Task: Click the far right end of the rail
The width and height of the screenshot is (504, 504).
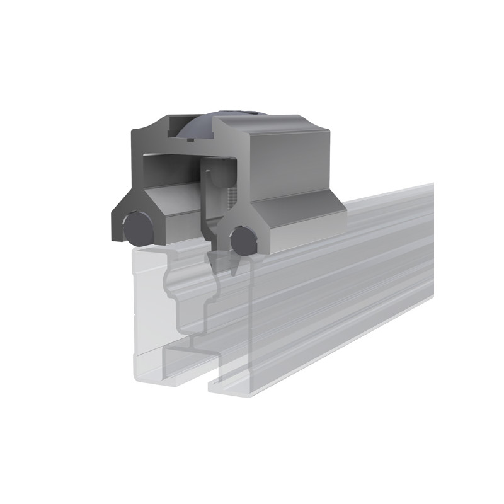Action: (x=431, y=239)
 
